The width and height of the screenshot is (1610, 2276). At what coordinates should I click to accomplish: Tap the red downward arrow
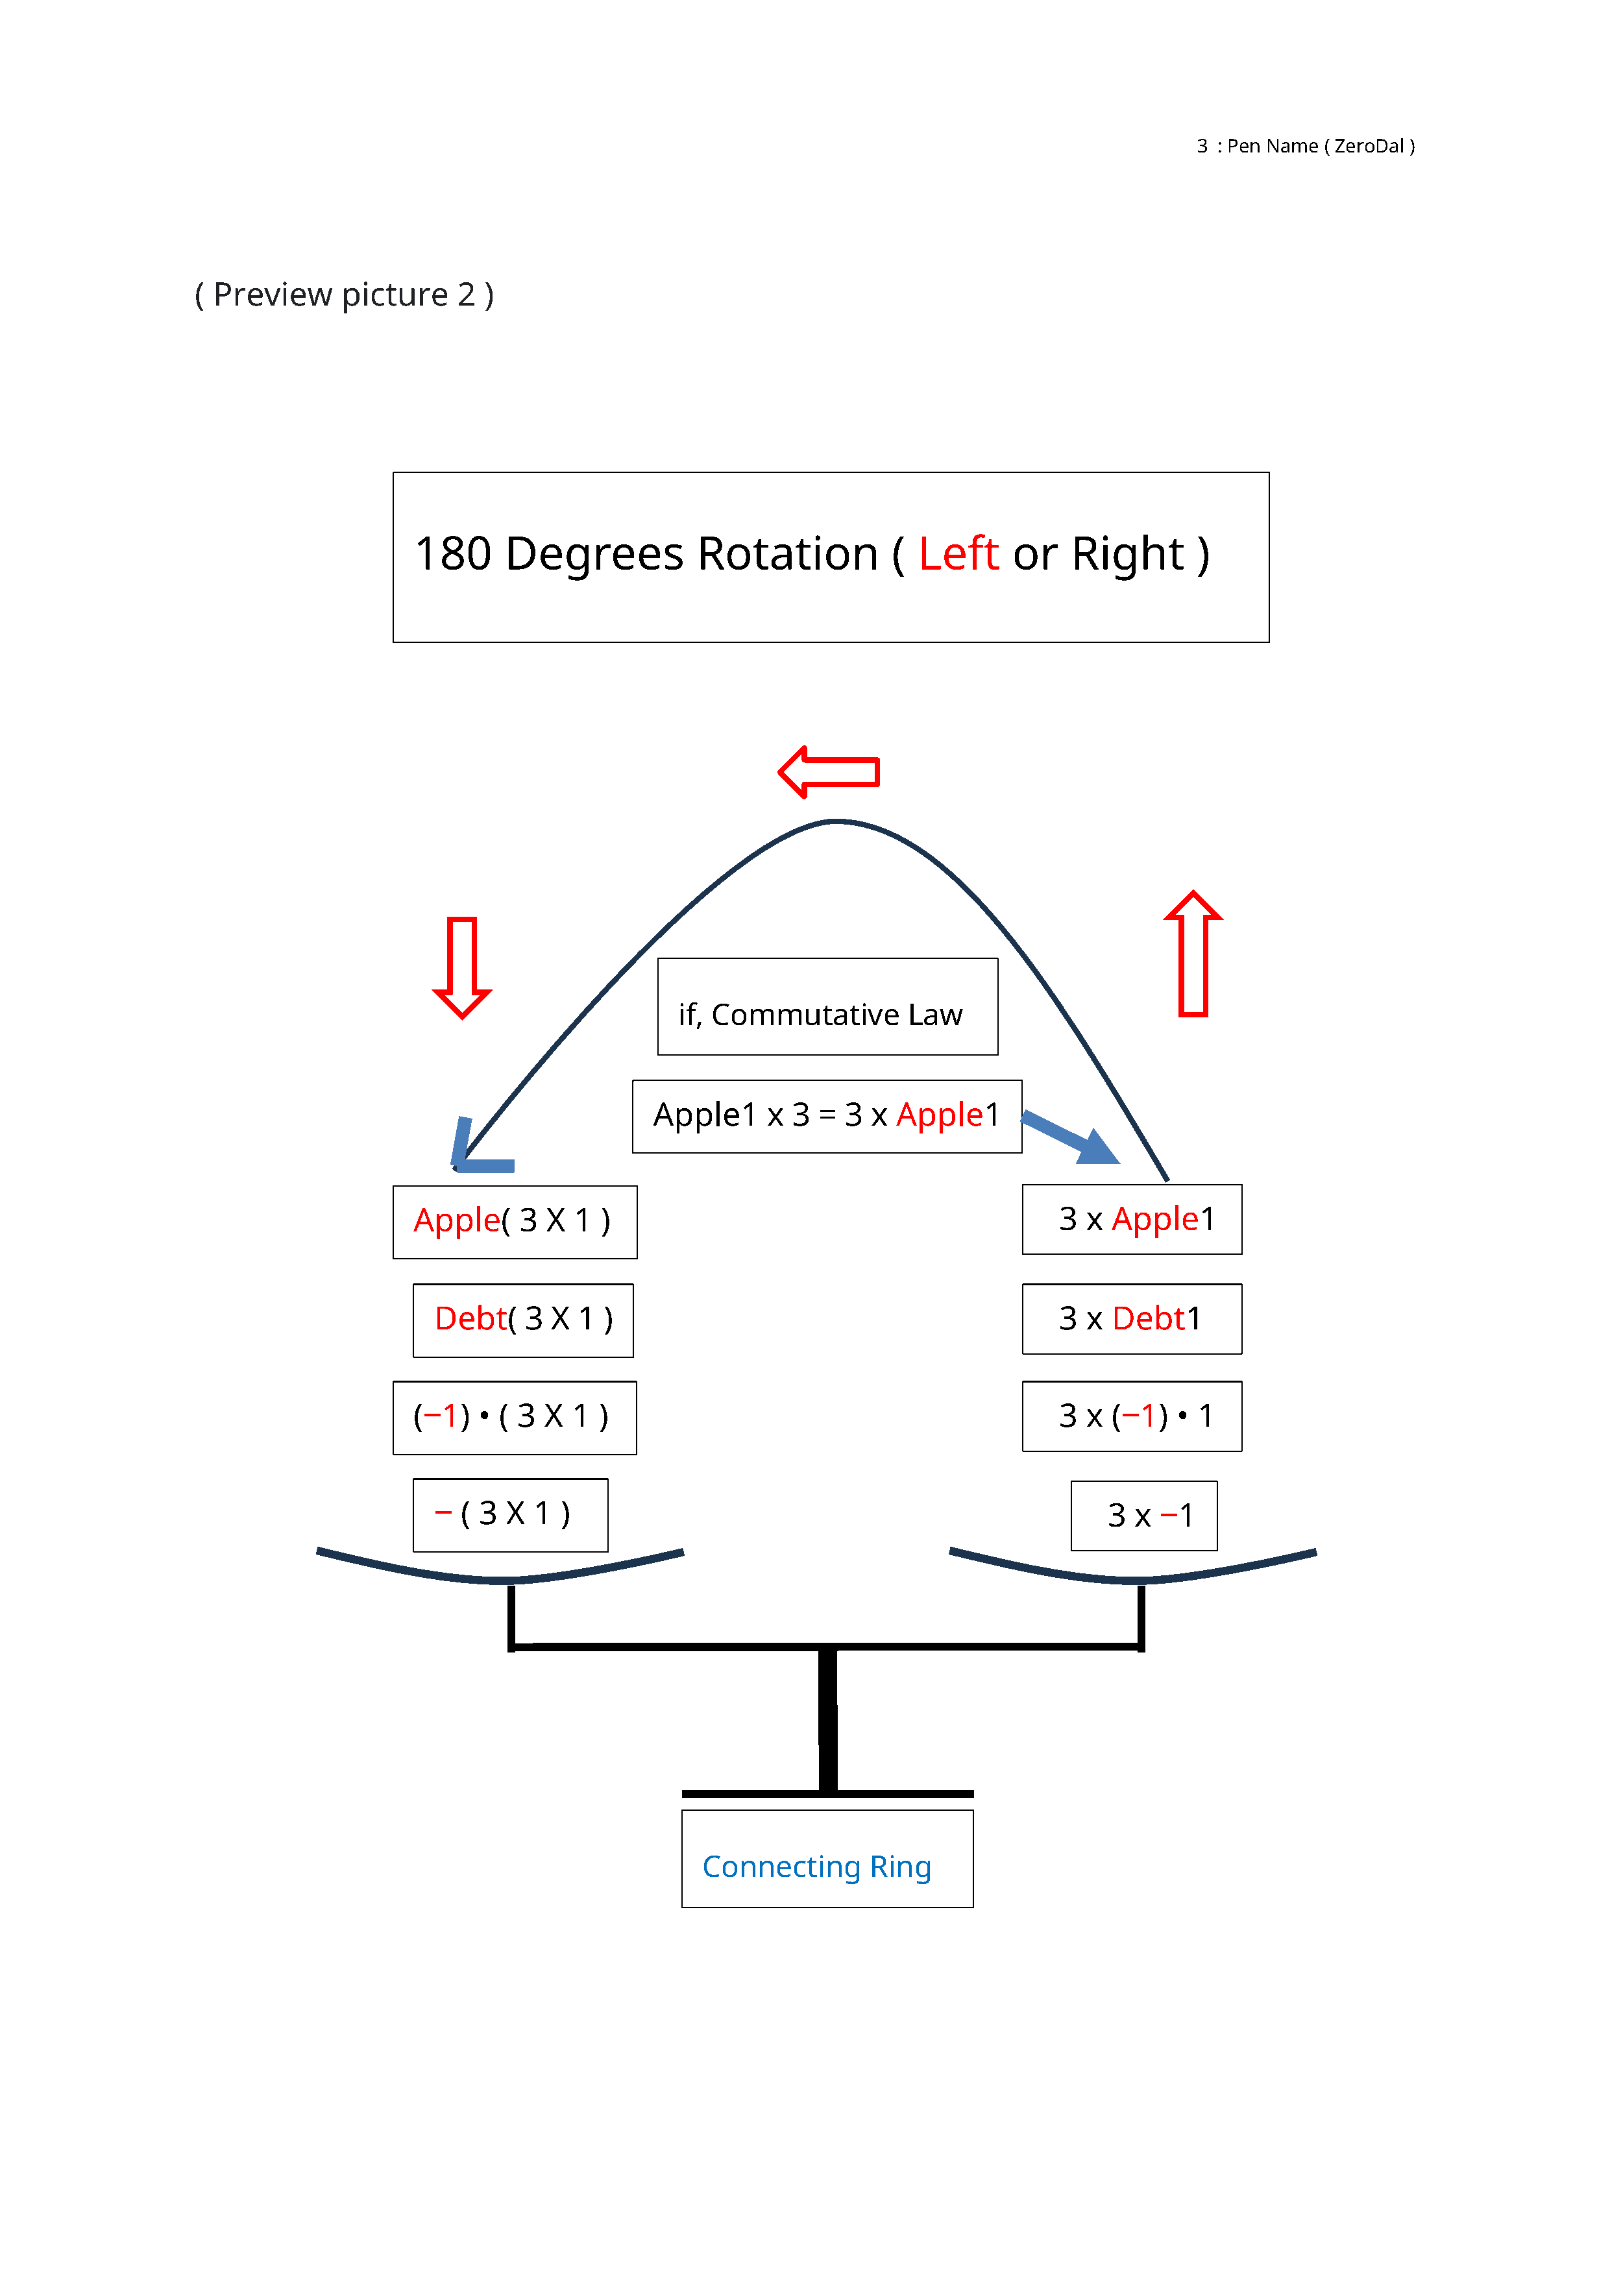coord(462,967)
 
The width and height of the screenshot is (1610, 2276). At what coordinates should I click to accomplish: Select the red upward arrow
coord(1193,954)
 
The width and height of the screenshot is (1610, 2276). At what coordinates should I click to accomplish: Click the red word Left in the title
coord(958,553)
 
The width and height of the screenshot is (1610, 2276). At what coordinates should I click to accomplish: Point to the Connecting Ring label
coord(817,1867)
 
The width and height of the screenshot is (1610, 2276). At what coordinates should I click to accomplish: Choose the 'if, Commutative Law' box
coord(827,1007)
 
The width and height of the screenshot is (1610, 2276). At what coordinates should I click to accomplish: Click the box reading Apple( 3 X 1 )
coord(515,1221)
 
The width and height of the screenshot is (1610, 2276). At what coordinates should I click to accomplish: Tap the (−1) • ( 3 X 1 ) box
coord(515,1416)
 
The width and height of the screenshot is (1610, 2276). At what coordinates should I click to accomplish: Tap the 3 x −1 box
coord(1144,1516)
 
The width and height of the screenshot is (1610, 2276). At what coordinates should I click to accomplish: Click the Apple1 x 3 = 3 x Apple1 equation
coord(827,1116)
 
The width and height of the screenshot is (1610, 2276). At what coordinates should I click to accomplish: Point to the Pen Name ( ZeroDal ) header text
coord(1319,147)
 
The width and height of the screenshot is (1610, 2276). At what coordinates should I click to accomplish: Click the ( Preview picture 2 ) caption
coord(344,295)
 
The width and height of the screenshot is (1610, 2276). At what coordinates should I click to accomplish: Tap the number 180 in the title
coord(453,553)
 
